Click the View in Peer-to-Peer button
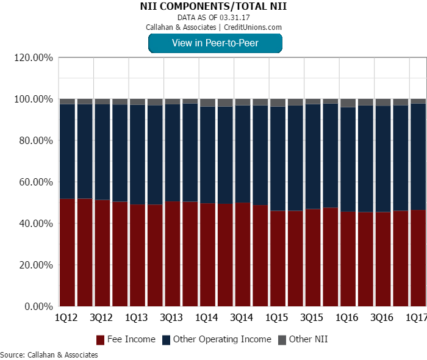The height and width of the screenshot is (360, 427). coord(215,43)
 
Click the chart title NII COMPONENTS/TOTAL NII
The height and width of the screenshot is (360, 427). coord(213,6)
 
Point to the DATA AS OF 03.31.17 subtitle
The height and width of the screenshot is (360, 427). coord(213,17)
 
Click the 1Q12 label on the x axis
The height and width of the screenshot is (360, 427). coord(66,318)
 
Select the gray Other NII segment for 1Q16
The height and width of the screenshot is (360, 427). coord(348,103)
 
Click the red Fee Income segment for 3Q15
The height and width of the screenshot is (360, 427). coord(313,257)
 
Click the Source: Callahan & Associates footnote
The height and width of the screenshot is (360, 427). coord(49,355)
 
